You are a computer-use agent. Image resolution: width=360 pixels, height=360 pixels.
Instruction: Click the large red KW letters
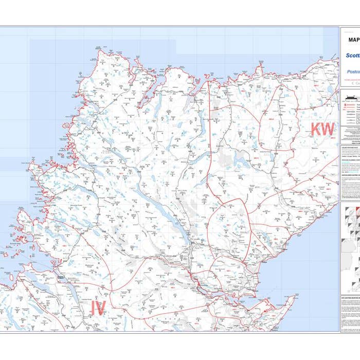[x=323, y=130]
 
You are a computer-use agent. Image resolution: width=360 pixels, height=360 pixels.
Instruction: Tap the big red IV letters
[x=98, y=308]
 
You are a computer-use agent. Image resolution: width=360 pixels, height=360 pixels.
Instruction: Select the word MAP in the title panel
[x=354, y=40]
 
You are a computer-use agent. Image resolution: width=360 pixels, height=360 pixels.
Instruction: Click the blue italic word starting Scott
[x=352, y=56]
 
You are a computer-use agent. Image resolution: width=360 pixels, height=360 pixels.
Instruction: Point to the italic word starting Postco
[x=353, y=72]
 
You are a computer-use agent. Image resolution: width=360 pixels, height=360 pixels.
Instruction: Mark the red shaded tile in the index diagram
[x=358, y=211]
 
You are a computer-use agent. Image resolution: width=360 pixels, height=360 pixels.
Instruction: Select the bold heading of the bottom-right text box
[x=350, y=297]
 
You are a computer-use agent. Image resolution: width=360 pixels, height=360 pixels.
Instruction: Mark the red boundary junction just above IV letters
[x=109, y=293]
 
